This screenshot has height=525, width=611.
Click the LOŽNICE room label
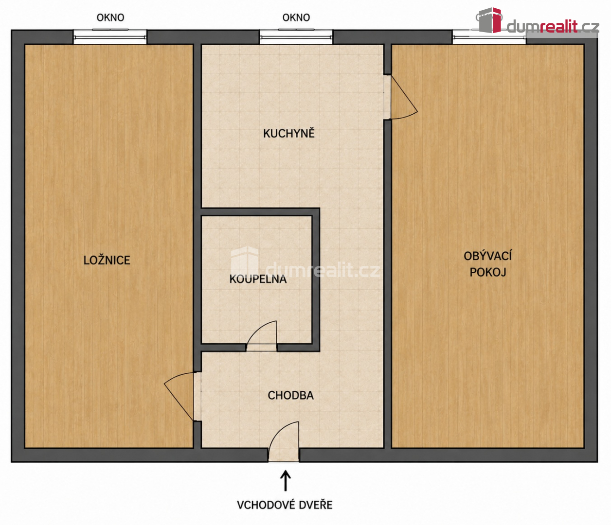[x=107, y=260]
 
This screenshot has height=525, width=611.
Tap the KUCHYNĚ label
[x=289, y=134]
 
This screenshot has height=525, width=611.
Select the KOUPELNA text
[x=258, y=279]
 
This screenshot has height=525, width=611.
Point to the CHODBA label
[x=290, y=395]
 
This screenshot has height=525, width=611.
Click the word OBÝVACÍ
[x=488, y=256]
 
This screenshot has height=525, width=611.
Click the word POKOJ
[x=488, y=272]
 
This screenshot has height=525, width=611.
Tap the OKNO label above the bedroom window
[x=110, y=17]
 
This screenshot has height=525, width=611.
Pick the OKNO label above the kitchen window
[x=296, y=17]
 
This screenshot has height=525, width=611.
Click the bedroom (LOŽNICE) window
[x=110, y=37]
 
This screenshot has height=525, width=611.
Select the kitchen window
[x=296, y=37]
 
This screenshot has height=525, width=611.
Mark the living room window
[x=489, y=37]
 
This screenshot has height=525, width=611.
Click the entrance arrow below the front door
[x=285, y=481]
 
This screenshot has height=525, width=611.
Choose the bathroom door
[x=261, y=336]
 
